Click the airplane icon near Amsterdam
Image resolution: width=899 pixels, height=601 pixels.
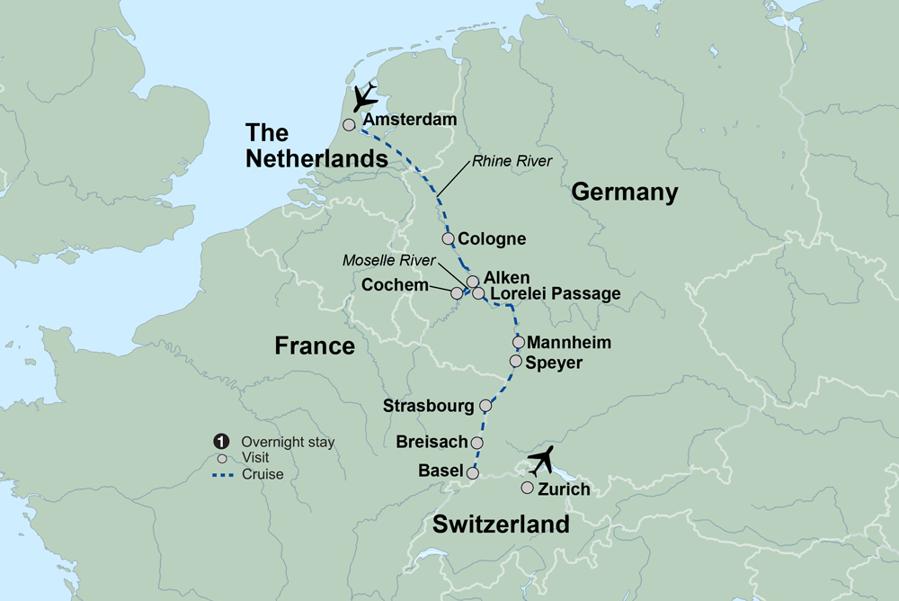[x=365, y=98]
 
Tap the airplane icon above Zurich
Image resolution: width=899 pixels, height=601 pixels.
[x=544, y=462]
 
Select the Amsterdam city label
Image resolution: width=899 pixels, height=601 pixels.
[x=409, y=120]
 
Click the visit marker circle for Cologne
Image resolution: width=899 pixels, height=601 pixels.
[x=448, y=238]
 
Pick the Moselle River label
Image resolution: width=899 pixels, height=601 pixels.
[x=388, y=260]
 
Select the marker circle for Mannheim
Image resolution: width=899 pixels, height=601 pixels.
[x=518, y=342]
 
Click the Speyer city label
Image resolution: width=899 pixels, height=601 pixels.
[x=555, y=363]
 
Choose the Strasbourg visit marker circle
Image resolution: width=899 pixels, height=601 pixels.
[x=485, y=405]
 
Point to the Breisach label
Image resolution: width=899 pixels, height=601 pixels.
[x=432, y=442]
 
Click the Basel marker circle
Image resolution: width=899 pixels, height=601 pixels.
[x=473, y=471]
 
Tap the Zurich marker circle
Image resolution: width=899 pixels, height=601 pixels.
[x=527, y=488]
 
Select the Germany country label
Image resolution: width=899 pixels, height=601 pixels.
[x=624, y=192]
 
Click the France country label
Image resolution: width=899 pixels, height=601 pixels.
[x=315, y=345]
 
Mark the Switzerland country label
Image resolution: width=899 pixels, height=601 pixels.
[x=501, y=525]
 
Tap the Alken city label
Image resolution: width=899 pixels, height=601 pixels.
[x=507, y=277]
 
